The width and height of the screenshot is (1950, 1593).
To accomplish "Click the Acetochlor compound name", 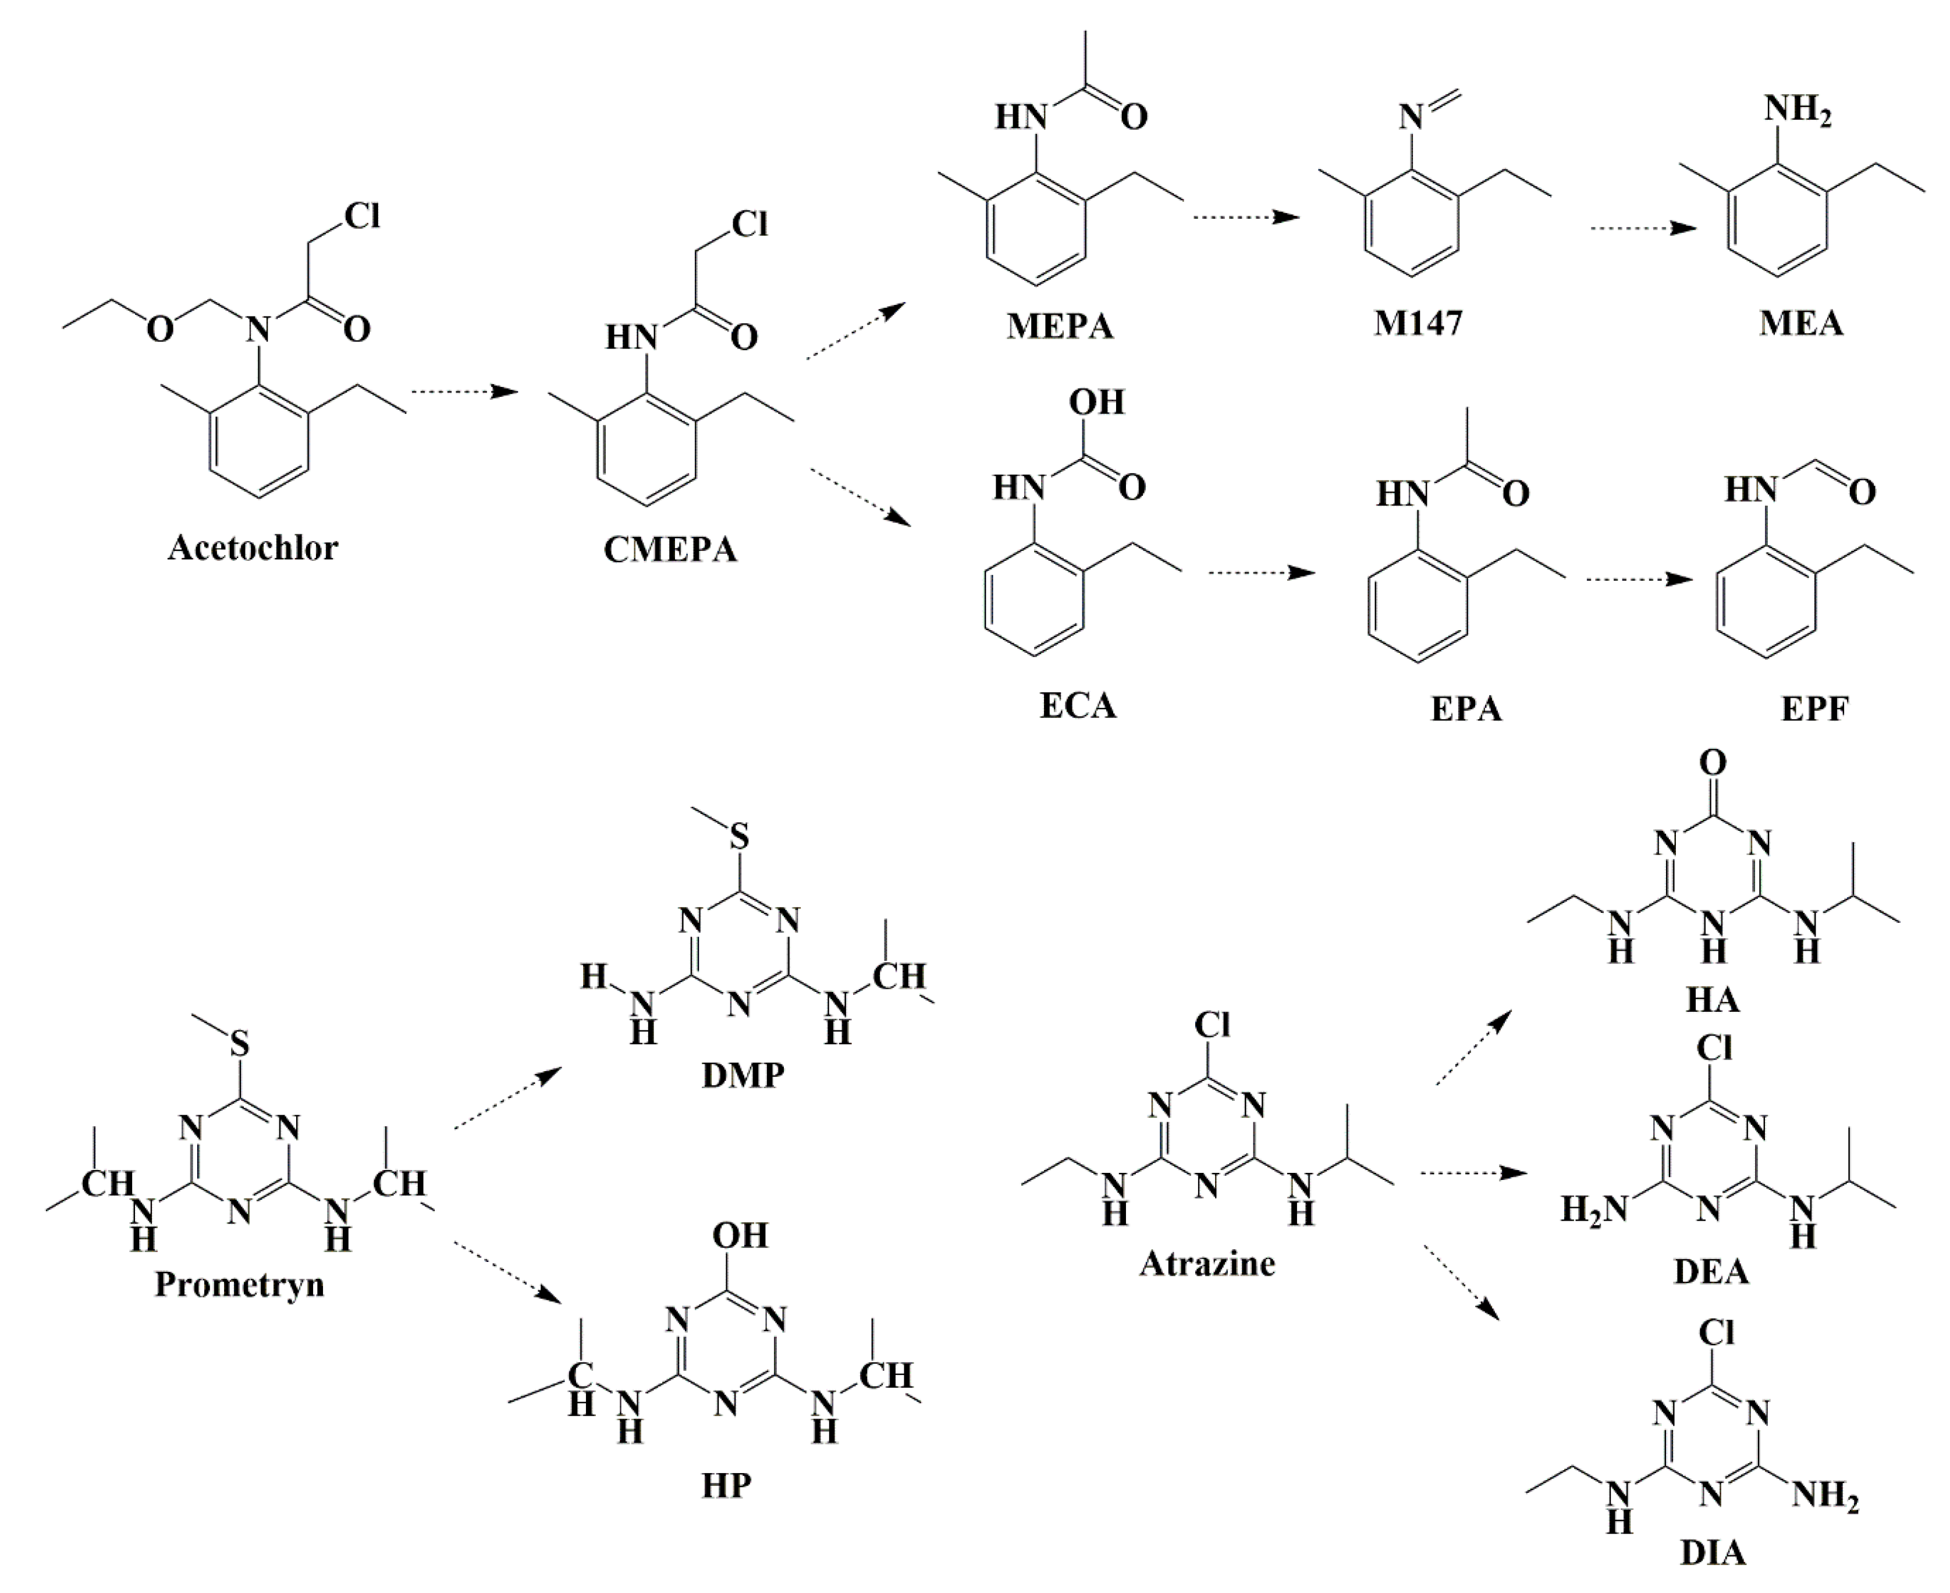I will pos(253,548).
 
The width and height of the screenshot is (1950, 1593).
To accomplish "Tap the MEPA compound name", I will pos(1060,326).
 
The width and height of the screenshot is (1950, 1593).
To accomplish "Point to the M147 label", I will pos(1418,323).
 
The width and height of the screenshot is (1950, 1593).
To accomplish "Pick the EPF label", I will pos(1814,709).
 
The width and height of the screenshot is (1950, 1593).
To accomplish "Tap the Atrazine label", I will pos(1207,1264).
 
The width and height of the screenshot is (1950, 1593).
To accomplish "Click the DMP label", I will pos(743,1075).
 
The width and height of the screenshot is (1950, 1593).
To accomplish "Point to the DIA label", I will pos(1713,1553).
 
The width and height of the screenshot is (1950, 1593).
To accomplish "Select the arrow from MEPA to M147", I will pos(1246,218).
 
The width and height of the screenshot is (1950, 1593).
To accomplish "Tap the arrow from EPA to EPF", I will pos(1639,579).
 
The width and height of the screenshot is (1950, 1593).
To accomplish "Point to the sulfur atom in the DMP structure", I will pos(738,837).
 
